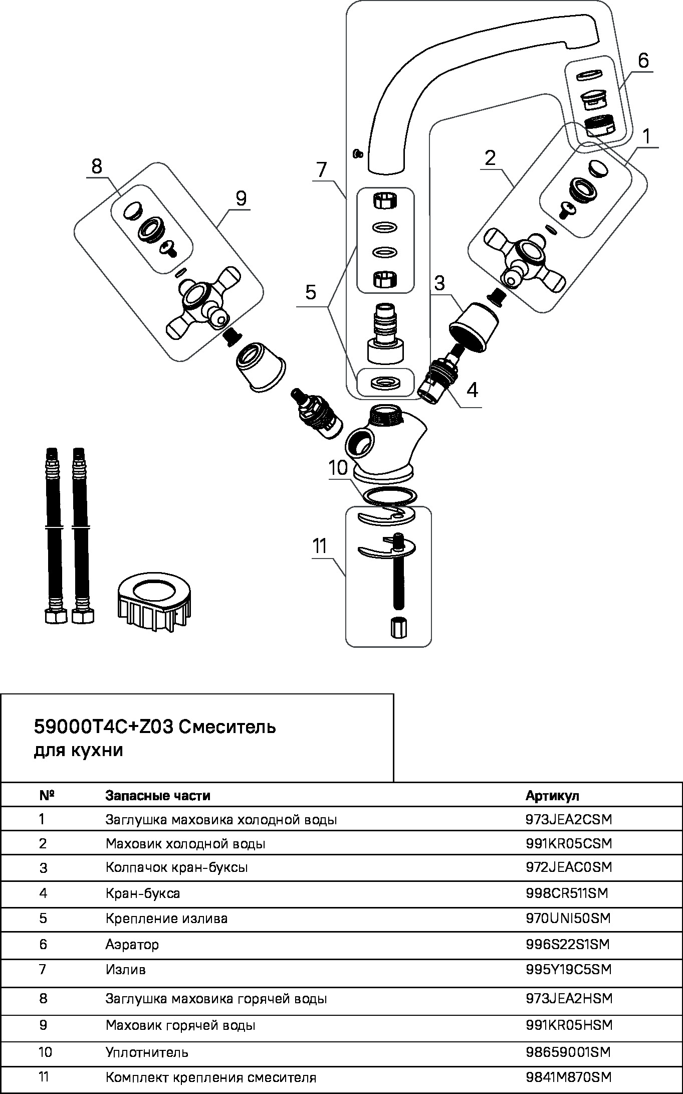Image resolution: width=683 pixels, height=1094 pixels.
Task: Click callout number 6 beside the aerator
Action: tap(643, 61)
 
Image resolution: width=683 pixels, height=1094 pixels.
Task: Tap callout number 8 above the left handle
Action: tap(97, 166)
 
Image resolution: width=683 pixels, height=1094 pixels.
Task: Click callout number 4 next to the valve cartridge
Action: tap(472, 390)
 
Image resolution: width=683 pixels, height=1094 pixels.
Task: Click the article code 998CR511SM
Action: tap(566, 893)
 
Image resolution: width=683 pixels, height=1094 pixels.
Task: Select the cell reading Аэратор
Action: tap(132, 945)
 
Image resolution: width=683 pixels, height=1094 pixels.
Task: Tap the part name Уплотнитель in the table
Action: tap(147, 1052)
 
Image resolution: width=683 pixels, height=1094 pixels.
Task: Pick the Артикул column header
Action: tap(552, 796)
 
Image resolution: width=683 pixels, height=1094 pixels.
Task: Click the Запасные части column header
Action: tap(158, 796)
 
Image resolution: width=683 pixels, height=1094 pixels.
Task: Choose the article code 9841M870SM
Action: tap(569, 1077)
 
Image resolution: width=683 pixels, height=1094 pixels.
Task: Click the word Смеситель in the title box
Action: tap(227, 726)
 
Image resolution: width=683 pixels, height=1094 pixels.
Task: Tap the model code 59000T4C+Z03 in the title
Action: tap(103, 726)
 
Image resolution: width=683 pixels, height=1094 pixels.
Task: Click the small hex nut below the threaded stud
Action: tap(399, 628)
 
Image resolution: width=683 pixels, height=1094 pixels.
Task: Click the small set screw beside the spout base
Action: tap(358, 153)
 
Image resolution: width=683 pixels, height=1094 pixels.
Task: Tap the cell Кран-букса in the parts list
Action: tap(143, 893)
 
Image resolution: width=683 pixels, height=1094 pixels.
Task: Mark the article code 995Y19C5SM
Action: tap(569, 970)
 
